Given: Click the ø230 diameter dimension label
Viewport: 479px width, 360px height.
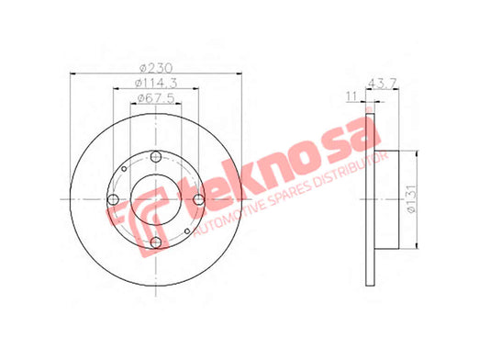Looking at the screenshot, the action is coord(156,68).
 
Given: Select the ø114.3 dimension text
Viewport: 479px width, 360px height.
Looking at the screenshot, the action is coord(156,83).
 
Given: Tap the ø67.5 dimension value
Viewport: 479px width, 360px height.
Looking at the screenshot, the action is coord(156,98).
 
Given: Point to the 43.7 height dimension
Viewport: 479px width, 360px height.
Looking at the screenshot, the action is coord(383,83).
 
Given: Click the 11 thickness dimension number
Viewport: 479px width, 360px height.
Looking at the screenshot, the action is coord(351,96).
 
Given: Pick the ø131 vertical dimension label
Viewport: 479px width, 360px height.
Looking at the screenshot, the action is coord(412,198).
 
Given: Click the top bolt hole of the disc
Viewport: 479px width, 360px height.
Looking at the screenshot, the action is coord(156,157).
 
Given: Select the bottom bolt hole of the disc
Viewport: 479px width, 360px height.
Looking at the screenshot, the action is coord(156,242).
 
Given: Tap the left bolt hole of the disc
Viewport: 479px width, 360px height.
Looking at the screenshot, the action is coord(113,199).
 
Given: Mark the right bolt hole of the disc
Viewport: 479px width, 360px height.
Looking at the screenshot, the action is coord(199,199).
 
